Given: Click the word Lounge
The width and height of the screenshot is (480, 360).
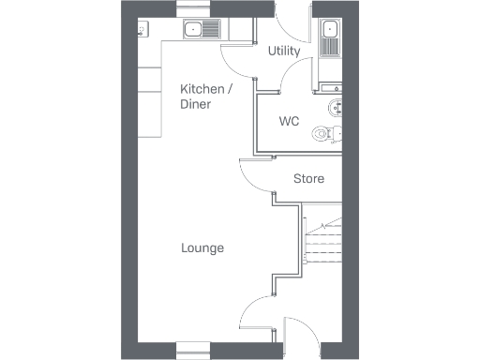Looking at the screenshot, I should point(202,248).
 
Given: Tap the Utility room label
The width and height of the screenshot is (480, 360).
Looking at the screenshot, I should point(284,51).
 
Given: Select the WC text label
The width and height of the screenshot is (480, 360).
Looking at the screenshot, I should point(289,122).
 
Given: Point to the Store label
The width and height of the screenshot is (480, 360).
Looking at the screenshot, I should point(308,178).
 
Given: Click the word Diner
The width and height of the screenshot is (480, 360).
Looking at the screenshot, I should point(195,104).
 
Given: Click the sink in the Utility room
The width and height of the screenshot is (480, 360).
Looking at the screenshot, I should point(330,36).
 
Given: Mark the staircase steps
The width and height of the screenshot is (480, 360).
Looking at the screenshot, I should point(323,246).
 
